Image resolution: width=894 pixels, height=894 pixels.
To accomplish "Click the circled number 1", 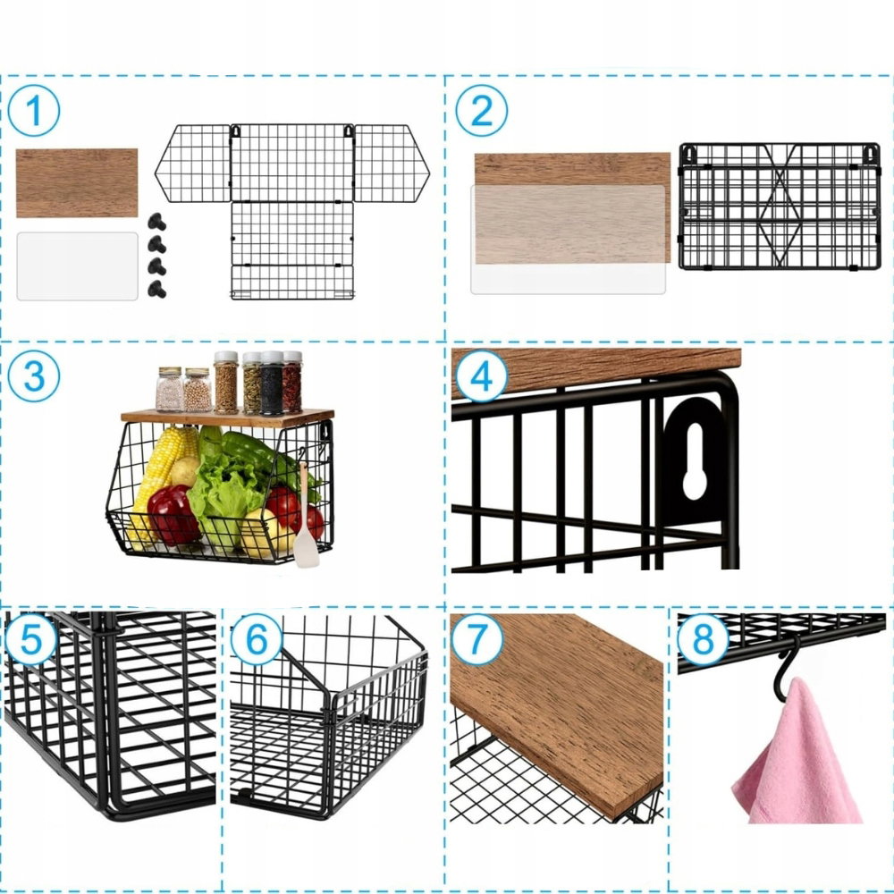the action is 34,111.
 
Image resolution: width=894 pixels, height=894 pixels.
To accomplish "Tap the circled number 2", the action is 481,111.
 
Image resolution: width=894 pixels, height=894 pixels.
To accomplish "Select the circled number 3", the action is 34,376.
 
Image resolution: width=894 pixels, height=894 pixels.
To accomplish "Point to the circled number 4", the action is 481,375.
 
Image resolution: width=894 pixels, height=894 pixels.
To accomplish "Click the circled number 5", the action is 30,639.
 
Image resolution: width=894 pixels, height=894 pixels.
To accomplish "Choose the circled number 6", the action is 257,639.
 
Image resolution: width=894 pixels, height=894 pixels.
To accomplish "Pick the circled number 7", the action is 477,639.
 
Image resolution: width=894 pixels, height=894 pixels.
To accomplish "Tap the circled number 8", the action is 703,639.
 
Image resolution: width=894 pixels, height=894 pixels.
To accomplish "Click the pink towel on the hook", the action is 798,758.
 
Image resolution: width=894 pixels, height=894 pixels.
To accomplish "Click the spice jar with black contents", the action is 272,383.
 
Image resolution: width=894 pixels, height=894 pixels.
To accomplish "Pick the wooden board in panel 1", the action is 77,183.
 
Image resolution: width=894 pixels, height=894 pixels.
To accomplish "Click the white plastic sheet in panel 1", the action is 78,266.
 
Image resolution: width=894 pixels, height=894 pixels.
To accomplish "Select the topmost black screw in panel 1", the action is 156,222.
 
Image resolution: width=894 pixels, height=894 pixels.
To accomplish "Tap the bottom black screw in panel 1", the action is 156,289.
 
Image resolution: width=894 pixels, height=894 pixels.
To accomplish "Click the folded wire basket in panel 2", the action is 780,207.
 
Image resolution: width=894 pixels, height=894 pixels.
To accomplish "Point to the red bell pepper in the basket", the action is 173,514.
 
